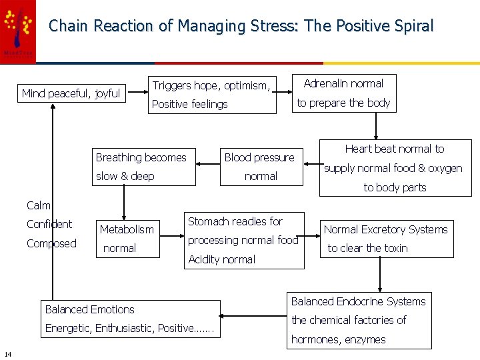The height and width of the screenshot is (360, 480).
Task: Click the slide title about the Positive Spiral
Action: (x=241, y=26)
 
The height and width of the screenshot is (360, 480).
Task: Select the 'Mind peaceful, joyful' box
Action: (x=71, y=93)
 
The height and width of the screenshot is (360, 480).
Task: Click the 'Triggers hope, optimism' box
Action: (x=211, y=94)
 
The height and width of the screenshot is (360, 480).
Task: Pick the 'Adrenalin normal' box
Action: (x=344, y=93)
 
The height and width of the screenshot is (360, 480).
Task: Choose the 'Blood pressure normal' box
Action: (x=260, y=167)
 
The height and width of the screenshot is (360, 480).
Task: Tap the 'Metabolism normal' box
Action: (x=127, y=238)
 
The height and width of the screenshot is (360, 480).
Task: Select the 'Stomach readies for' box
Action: (x=243, y=240)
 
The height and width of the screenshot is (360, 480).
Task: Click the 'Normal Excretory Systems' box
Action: (x=386, y=239)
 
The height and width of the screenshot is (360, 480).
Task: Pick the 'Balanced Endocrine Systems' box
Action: (x=358, y=320)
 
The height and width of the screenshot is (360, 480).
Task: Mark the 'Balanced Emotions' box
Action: (x=131, y=319)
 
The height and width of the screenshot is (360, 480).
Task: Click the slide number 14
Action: (x=7, y=353)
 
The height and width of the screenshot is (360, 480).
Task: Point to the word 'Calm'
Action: (x=38, y=205)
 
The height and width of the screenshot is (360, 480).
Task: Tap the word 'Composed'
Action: (x=51, y=243)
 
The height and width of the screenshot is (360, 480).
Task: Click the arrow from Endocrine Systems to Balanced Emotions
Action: (x=253, y=317)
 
